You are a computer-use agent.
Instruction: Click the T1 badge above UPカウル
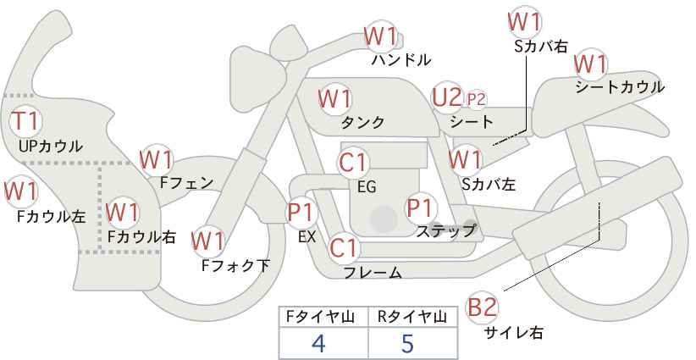26,120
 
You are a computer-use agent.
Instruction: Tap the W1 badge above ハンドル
380,36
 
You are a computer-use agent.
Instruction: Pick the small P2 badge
477,99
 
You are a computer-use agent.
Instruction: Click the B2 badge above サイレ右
483,307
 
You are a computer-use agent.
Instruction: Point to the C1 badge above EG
353,163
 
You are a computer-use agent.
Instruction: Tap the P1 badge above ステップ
421,207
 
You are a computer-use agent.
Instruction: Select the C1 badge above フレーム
344,248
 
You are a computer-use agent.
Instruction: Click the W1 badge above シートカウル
590,64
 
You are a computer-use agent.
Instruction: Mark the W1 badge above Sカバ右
524,21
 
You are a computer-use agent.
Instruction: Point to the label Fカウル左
51,216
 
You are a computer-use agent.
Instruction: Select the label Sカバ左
489,183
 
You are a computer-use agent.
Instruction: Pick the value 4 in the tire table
319,343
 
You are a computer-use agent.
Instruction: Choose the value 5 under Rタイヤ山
408,343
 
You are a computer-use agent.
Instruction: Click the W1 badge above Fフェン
157,158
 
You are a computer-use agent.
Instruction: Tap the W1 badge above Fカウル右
123,211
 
